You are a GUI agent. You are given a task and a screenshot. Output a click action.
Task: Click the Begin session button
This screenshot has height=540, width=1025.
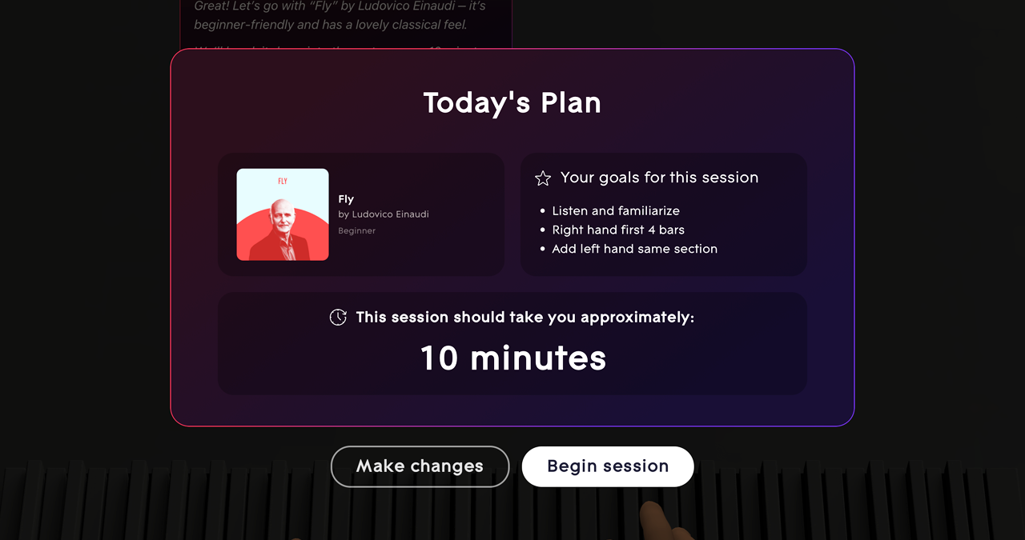[607, 466]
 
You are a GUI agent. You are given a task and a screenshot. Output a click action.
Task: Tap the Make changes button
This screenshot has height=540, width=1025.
[420, 466]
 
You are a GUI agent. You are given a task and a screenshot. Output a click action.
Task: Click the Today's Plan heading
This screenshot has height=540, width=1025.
[512, 103]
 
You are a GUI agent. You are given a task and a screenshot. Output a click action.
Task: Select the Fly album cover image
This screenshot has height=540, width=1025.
[283, 214]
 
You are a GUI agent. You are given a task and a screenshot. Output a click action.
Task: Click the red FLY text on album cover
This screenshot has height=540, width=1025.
[283, 182]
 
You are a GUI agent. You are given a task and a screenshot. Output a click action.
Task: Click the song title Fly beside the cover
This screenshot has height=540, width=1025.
[346, 199]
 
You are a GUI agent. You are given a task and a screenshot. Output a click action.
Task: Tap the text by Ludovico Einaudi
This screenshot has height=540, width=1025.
[384, 214]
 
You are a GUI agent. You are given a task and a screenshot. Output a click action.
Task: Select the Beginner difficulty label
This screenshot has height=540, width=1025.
[356, 230]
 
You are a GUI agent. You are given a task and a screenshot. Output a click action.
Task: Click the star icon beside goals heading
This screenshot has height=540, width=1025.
[543, 178]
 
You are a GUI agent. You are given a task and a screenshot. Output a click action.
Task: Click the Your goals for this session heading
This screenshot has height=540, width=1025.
[659, 178]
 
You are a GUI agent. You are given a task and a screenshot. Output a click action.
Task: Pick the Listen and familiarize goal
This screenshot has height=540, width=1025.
[615, 211]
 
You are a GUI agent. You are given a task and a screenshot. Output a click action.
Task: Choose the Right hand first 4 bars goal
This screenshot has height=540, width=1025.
[617, 230]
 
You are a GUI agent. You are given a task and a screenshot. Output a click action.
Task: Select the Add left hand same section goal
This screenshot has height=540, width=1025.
[634, 249]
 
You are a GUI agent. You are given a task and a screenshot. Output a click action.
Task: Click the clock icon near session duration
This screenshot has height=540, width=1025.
[338, 318]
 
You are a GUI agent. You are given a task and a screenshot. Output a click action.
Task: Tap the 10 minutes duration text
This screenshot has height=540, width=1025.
[512, 358]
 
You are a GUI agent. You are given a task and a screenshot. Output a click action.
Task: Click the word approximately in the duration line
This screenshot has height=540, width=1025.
[637, 318]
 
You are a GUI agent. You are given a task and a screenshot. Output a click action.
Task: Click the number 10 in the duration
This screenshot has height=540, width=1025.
[439, 358]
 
